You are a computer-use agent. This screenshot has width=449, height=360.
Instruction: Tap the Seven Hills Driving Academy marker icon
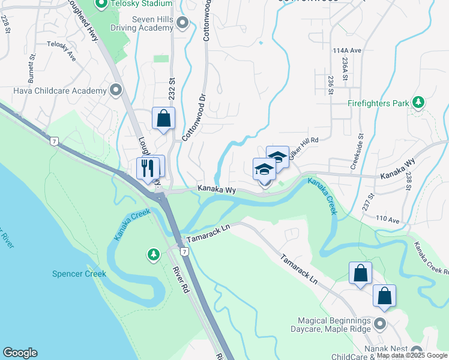pos(184,24)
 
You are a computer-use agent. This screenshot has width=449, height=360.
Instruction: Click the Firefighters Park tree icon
pos(419,103)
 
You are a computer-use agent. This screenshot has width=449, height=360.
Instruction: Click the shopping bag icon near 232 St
pos(163,119)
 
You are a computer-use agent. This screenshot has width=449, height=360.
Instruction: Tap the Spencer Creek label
pos(79,274)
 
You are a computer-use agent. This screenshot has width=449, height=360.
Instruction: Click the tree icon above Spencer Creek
pos(154,255)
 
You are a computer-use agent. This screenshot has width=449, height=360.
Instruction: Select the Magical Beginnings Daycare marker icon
pos(379,325)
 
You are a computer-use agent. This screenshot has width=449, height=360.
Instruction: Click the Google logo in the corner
pos(20,353)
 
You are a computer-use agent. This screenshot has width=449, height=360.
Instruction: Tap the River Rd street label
pos(179,280)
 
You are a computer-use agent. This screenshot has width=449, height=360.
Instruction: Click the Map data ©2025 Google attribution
pos(411,355)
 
